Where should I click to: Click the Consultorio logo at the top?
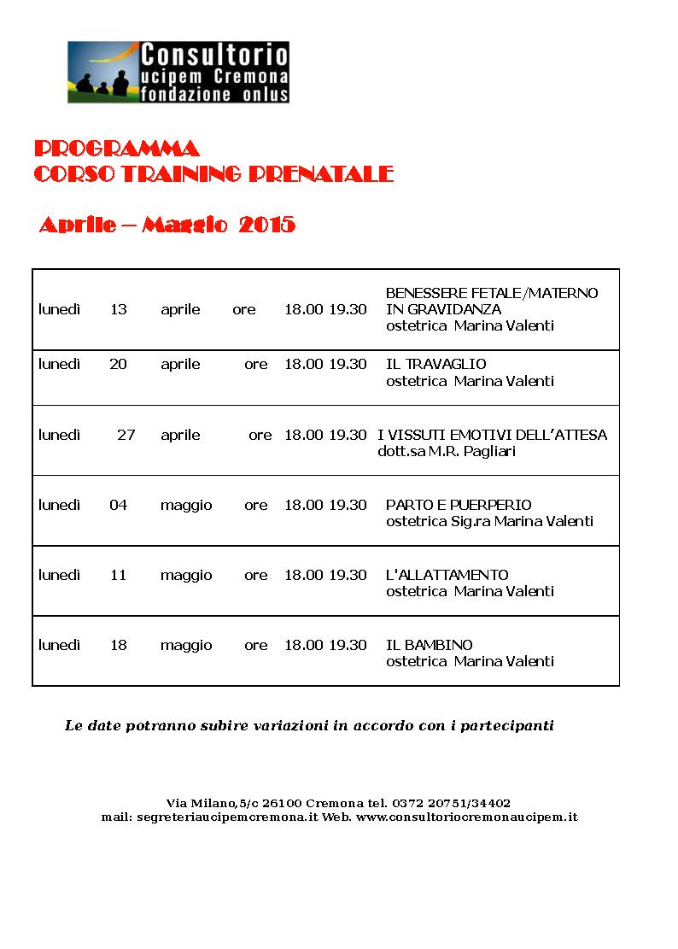point(178,72)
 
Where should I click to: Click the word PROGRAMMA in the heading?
point(117,149)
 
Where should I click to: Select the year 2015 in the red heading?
point(267,226)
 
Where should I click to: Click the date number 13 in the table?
point(118,309)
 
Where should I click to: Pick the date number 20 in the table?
point(118,364)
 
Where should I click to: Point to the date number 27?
point(126,435)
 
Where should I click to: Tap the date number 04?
point(118,505)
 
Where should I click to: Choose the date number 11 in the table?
point(118,575)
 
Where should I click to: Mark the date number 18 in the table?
point(118,645)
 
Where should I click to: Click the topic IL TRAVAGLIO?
point(436,364)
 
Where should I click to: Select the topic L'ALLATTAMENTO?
point(447,575)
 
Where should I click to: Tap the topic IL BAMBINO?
point(430,645)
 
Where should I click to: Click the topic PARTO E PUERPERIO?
point(459,505)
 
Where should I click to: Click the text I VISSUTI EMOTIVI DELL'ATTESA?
point(493,435)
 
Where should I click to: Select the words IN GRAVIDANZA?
point(443,309)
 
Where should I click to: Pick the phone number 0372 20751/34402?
point(452,803)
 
